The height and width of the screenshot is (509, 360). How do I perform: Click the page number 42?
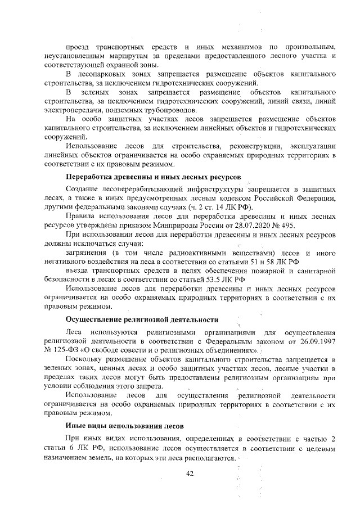(190, 474)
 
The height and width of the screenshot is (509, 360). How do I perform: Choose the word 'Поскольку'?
(84, 361)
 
